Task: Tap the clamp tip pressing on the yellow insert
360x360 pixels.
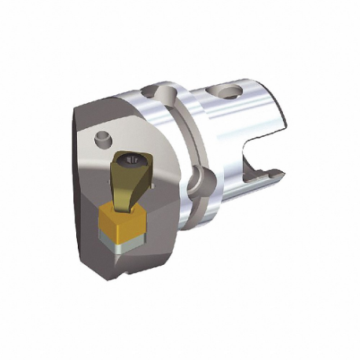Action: [x=125, y=206]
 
